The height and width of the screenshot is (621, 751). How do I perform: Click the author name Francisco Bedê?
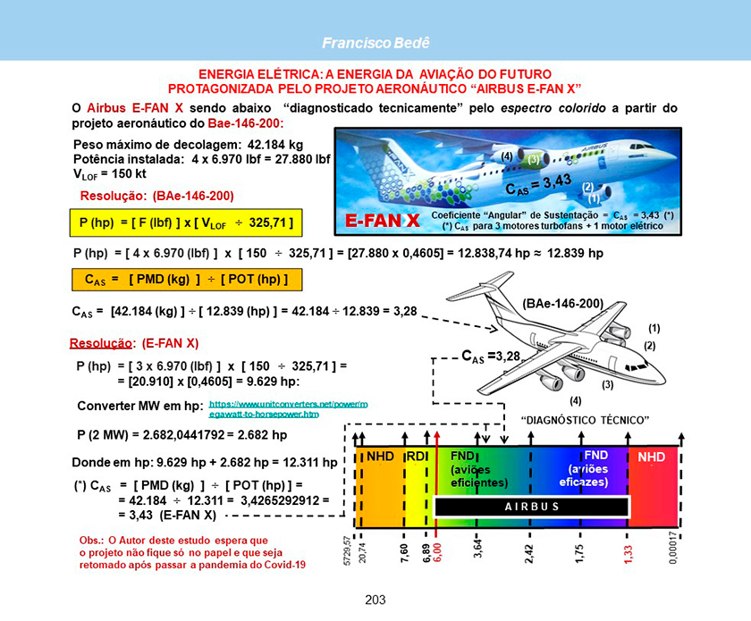(375, 43)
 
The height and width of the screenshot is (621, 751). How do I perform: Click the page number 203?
(375, 600)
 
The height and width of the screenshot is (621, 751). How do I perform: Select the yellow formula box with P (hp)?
(185, 220)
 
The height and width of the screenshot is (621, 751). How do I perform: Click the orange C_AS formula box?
(185, 279)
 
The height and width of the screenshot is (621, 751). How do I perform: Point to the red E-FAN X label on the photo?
(382, 220)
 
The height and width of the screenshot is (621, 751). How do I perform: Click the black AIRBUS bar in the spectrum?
(532, 506)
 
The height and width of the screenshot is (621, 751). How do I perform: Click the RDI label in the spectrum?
(418, 457)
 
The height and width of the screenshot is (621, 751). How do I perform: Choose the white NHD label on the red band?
(651, 457)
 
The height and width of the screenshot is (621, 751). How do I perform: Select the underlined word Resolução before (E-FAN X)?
(101, 343)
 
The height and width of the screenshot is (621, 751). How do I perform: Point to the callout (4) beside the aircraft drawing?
(575, 400)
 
